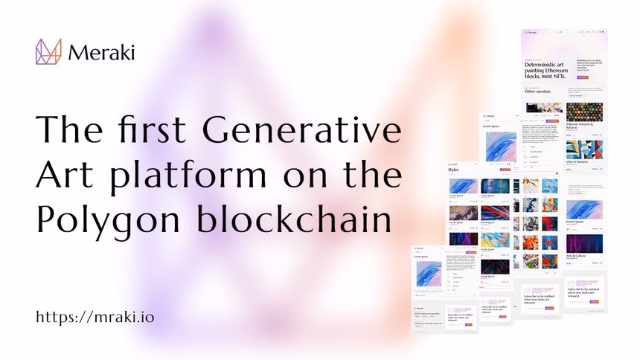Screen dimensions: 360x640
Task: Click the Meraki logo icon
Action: (48, 51)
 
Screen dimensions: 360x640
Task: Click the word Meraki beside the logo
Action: (100, 52)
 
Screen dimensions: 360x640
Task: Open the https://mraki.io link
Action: (95, 317)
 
